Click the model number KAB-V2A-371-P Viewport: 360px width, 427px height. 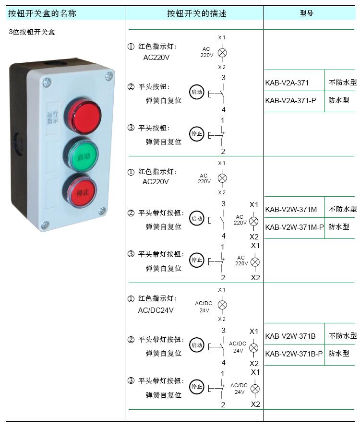click(290, 101)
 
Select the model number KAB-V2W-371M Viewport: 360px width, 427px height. click(291, 209)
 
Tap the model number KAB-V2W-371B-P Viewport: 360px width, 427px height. click(294, 354)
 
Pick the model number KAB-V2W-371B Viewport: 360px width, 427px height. click(290, 336)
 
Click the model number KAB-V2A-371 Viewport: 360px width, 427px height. click(287, 83)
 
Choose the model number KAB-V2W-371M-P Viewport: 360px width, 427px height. click(294, 227)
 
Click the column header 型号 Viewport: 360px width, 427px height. click(307, 13)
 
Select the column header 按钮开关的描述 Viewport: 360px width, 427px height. click(196, 13)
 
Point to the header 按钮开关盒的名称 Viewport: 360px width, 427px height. click(42, 13)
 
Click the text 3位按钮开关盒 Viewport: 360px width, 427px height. click(32, 32)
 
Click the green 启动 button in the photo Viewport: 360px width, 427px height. click(82, 155)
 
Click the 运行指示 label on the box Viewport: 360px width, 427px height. click(52, 118)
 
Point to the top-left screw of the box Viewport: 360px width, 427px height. click(47, 82)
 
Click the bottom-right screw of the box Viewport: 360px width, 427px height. click(102, 211)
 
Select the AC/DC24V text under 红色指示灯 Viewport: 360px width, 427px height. click(156, 310)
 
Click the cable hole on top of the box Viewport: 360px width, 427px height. click(56, 63)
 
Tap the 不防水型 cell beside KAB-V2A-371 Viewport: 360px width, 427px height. click(343, 82)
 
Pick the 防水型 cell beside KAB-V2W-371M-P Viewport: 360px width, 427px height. click(339, 227)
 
